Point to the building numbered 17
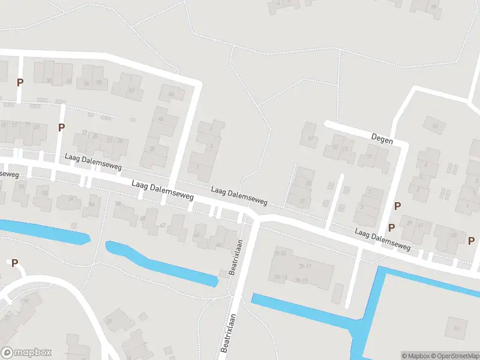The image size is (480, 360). point(311,139)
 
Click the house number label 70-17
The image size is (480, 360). point(305,266)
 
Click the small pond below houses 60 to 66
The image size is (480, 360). point(162,264)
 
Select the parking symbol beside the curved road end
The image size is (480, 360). point(14,263)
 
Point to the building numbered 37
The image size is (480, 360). point(302,201)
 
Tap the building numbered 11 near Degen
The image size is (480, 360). point(368,157)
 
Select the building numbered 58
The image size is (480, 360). point(118,204)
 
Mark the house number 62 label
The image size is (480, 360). point(163,225)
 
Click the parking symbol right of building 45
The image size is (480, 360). point(472,239)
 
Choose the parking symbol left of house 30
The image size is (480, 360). point(20,82)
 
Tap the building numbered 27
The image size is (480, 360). point(109,139)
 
